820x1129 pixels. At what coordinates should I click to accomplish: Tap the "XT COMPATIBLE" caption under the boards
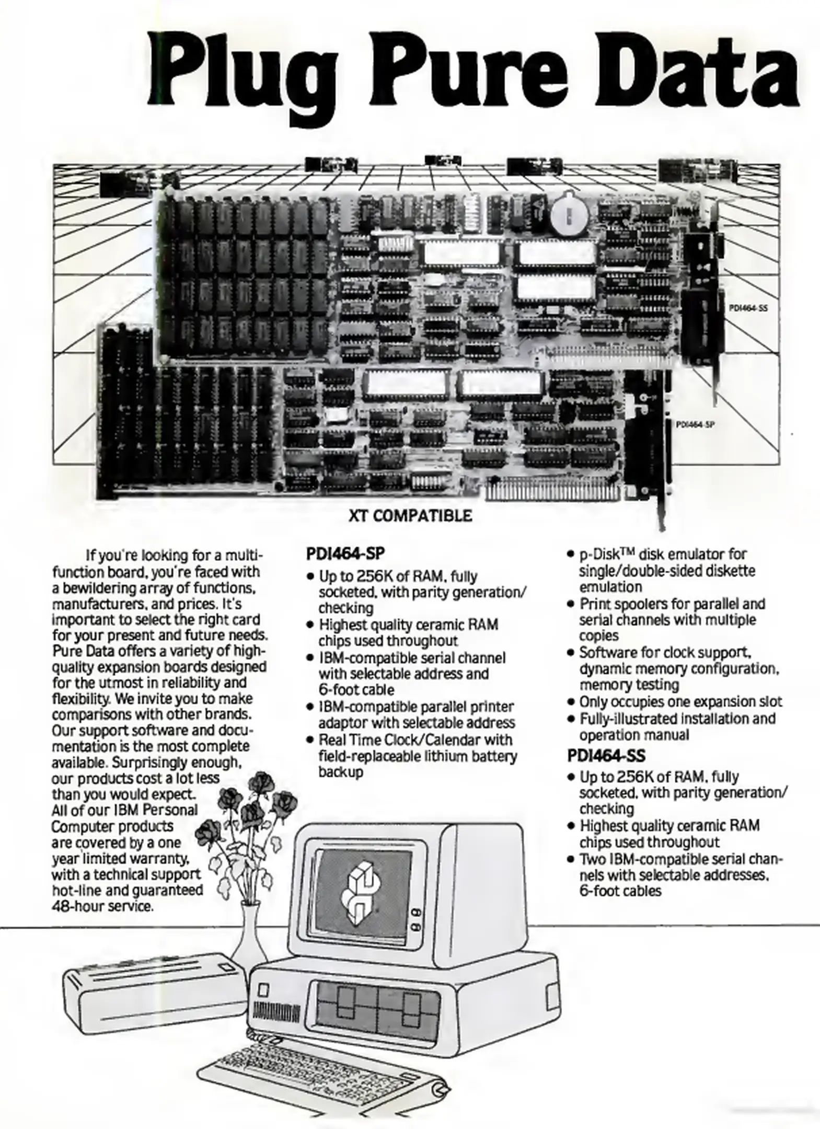tap(410, 516)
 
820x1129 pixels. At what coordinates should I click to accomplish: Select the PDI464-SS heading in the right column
tap(606, 756)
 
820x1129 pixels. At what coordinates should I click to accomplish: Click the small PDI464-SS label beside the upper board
tap(748, 308)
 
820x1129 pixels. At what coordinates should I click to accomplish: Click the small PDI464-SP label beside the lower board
tap(695, 425)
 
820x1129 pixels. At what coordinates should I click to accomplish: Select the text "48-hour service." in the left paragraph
tap(102, 906)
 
